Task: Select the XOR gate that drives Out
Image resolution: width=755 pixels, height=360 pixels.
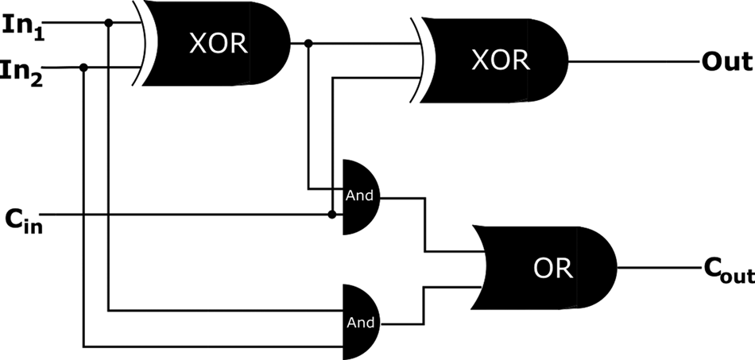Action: tap(497, 60)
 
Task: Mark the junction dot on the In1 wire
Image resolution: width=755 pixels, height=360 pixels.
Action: tap(109, 21)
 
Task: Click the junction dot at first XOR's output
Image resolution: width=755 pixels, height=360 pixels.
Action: tap(308, 44)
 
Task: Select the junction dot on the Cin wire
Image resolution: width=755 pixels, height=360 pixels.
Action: tap(331, 215)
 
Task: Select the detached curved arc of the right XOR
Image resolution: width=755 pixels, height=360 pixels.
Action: tap(415, 60)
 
